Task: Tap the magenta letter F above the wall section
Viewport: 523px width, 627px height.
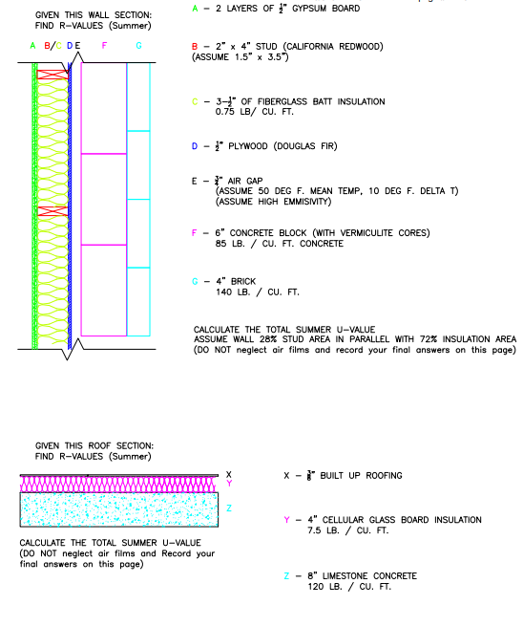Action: tap(104, 45)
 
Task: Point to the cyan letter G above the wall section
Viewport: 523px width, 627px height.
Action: tap(138, 45)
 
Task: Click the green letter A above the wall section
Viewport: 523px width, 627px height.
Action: tap(32, 45)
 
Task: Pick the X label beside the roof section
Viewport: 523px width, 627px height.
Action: tap(228, 474)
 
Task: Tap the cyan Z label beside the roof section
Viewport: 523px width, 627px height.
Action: tap(228, 508)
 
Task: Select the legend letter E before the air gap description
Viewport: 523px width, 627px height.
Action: tap(195, 180)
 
